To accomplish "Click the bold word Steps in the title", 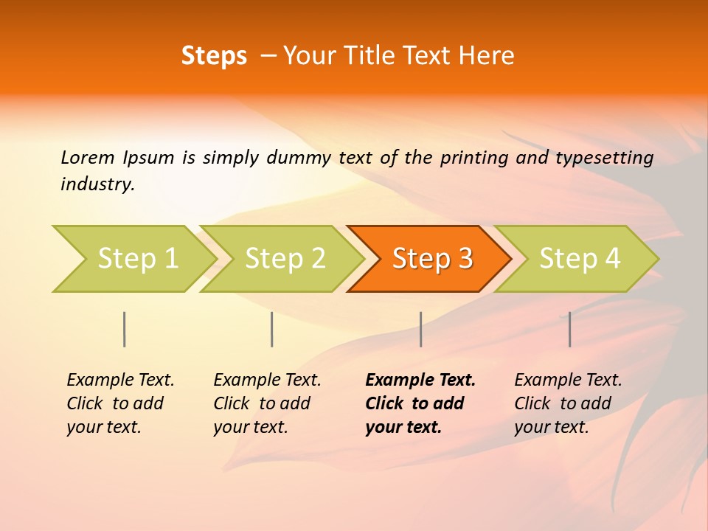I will click(214, 56).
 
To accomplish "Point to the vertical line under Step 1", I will click(125, 329).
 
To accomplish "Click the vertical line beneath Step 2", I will click(272, 329).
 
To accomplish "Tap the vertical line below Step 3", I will click(420, 329).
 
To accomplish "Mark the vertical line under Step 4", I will click(570, 329).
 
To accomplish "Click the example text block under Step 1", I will click(120, 403).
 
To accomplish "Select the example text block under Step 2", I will click(267, 403).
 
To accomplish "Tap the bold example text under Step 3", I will click(420, 403).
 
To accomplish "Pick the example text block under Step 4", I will click(568, 403).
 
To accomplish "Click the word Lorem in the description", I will click(88, 158).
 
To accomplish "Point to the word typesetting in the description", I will click(604, 158).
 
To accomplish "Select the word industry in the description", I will click(97, 184).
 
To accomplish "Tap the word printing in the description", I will click(474, 158).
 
